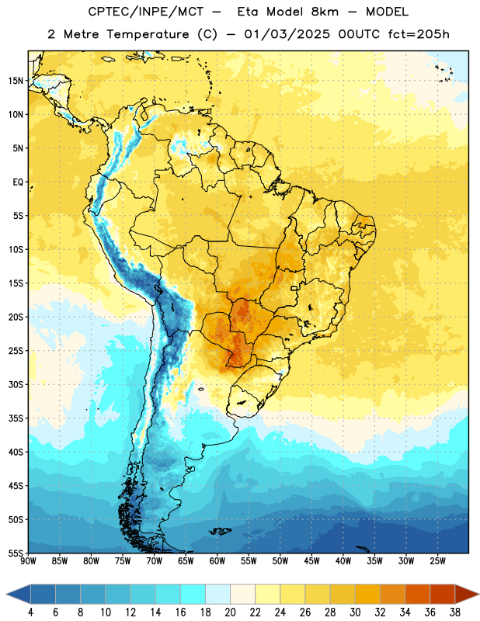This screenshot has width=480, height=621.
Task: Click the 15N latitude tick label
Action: coord(16,81)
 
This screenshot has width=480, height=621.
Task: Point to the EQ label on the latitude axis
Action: coord(18,182)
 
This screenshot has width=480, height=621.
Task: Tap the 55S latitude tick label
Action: coord(16,553)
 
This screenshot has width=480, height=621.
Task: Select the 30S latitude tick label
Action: coord(16,384)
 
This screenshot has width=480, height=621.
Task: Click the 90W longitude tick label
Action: coord(28,561)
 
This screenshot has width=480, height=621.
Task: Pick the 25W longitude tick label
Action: coord(437,561)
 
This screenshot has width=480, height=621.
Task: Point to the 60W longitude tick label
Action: coord(217,561)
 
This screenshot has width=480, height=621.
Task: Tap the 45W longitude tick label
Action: coord(311,561)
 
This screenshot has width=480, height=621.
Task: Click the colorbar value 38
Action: coord(454,612)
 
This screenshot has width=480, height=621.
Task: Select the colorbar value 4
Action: coord(30,612)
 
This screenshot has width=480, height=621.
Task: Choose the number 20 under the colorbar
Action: coord(230,612)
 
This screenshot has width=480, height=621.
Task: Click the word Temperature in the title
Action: coord(148,34)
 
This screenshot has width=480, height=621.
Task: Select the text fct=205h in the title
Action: coord(419,34)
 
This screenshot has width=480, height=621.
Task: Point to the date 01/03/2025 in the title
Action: coord(287,34)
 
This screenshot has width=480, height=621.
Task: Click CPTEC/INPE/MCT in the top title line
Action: coord(146,12)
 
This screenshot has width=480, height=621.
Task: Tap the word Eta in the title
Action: coord(248,12)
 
